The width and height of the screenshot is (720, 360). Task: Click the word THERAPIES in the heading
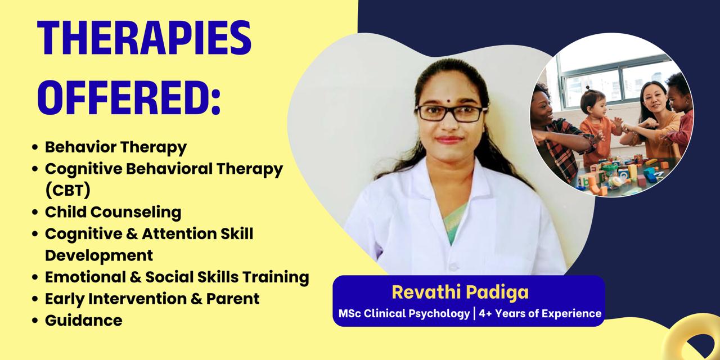click(144, 38)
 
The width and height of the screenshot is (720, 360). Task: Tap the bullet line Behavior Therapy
click(116, 147)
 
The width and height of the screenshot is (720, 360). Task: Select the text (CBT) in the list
click(68, 190)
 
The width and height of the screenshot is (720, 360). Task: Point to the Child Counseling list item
click(113, 212)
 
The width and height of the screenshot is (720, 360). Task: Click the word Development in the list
click(99, 255)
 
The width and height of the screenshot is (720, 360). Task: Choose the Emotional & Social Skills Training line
click(177, 277)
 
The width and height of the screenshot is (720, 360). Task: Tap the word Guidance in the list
click(84, 321)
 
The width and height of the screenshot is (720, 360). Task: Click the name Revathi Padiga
click(460, 292)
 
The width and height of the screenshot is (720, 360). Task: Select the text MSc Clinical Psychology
click(404, 313)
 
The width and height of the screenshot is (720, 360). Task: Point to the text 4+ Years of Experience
click(540, 313)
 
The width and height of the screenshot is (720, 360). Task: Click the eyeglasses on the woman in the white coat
click(451, 114)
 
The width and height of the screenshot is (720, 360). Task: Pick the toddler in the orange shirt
click(598, 129)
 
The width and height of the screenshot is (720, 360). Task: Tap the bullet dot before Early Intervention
click(35, 299)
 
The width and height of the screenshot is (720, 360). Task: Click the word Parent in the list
click(233, 299)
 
